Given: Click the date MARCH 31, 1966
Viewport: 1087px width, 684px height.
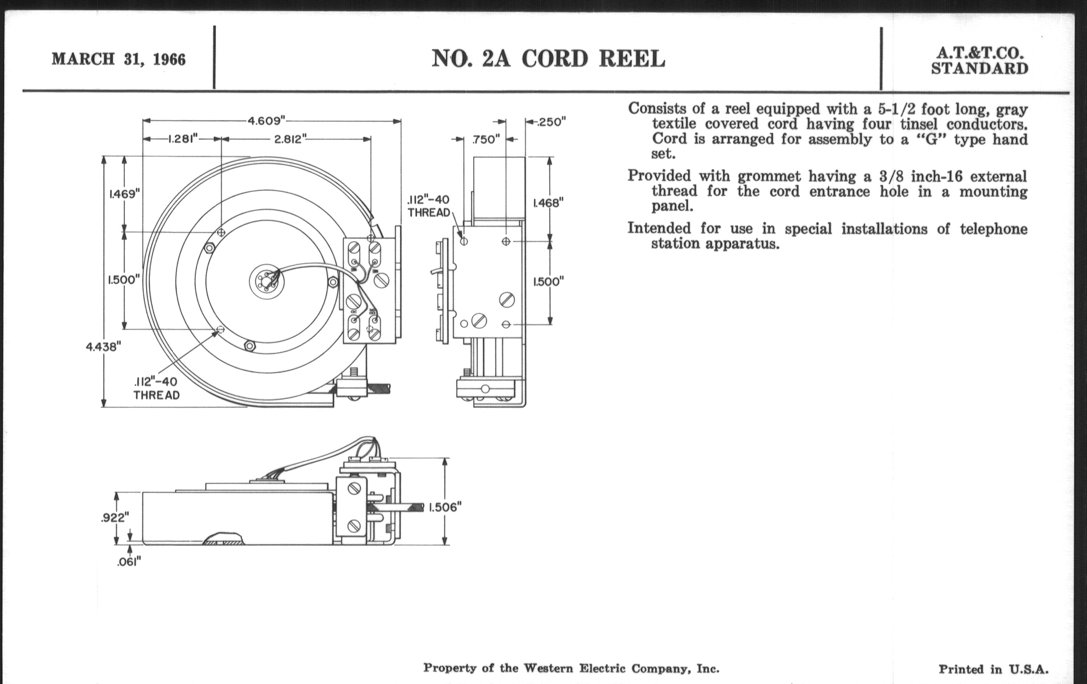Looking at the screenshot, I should [118, 59].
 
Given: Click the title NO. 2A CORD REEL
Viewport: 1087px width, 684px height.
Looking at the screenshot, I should [548, 59].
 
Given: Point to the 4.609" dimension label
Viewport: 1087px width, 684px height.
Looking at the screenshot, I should [267, 121].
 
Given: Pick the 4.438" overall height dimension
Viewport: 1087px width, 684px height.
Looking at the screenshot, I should [103, 347].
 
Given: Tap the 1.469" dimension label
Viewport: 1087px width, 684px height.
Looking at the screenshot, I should [125, 194].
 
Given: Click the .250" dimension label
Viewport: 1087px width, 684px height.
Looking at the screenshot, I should [551, 122].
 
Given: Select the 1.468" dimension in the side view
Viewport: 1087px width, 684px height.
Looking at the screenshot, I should [548, 203].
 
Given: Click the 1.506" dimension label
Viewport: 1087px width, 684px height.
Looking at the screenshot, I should [445, 507].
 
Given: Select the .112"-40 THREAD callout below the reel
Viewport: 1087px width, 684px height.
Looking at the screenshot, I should [156, 388].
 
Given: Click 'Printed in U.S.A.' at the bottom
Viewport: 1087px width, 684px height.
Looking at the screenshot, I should [994, 669].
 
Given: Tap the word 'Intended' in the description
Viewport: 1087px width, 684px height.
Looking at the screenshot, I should [659, 228].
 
